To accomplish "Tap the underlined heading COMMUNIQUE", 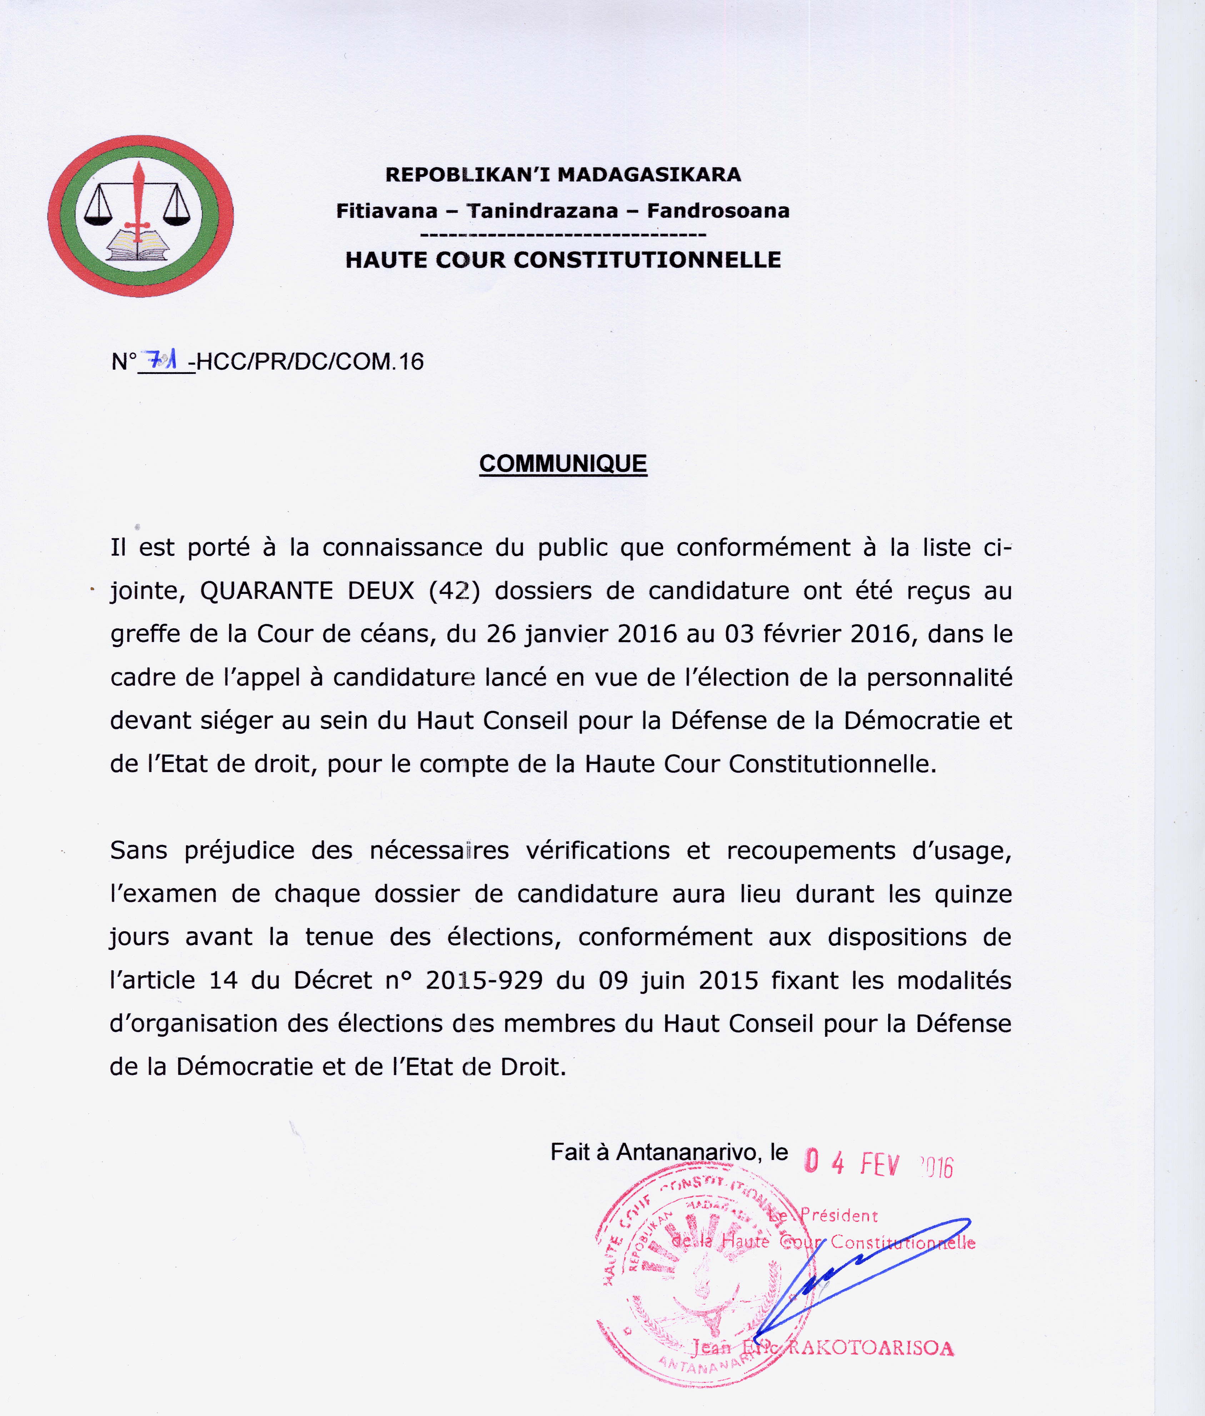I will (563, 464).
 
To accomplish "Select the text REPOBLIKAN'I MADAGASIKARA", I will (563, 175).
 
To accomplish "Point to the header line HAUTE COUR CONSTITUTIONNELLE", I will (563, 260).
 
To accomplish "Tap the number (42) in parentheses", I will (454, 591).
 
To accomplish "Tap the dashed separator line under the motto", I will (563, 235).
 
